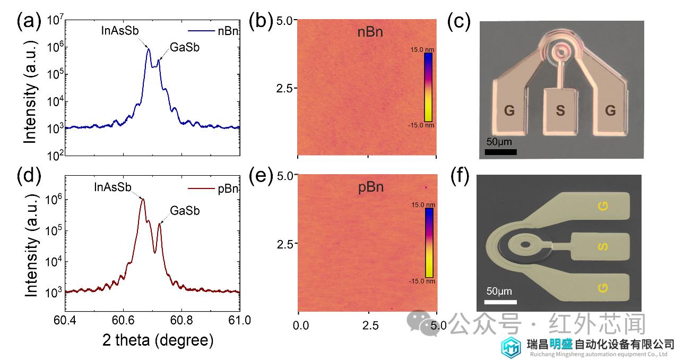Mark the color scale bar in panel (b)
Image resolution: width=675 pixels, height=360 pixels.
(x=428, y=87)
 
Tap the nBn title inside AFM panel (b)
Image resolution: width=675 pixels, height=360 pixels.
(x=370, y=33)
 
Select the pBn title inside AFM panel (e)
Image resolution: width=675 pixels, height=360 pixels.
(x=370, y=187)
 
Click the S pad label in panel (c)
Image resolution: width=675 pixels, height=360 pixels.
(x=560, y=111)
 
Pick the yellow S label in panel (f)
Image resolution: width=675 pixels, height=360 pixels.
(x=603, y=246)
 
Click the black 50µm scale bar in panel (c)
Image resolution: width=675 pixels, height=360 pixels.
(x=501, y=152)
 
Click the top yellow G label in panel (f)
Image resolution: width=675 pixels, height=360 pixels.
(x=603, y=206)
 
